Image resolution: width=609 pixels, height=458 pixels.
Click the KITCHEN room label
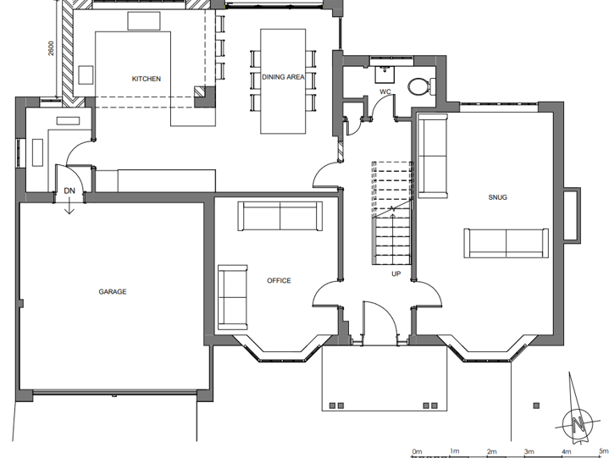pyautogui.click(x=146, y=79)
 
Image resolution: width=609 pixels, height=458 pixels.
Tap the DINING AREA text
pyautogui.click(x=283, y=77)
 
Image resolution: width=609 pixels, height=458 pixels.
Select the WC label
pyautogui.click(x=385, y=91)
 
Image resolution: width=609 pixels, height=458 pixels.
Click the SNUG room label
pyautogui.click(x=497, y=197)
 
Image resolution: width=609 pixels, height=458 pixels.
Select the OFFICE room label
pyautogui.click(x=279, y=280)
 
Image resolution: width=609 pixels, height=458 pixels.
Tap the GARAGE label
pyautogui.click(x=112, y=292)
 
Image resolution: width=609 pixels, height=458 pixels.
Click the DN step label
pyautogui.click(x=69, y=191)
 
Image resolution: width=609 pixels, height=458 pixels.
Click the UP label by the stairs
pyautogui.click(x=396, y=274)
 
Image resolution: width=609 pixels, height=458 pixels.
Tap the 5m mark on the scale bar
pyautogui.click(x=601, y=451)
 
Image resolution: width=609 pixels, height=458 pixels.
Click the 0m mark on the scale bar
pyautogui.click(x=417, y=451)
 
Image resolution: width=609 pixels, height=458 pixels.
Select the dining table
pyautogui.click(x=283, y=81)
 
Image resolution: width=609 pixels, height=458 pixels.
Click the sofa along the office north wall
pyautogui.click(x=278, y=217)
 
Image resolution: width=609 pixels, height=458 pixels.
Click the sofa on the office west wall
pyautogui.click(x=231, y=296)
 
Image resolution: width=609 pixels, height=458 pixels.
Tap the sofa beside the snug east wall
pyautogui.click(x=507, y=242)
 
